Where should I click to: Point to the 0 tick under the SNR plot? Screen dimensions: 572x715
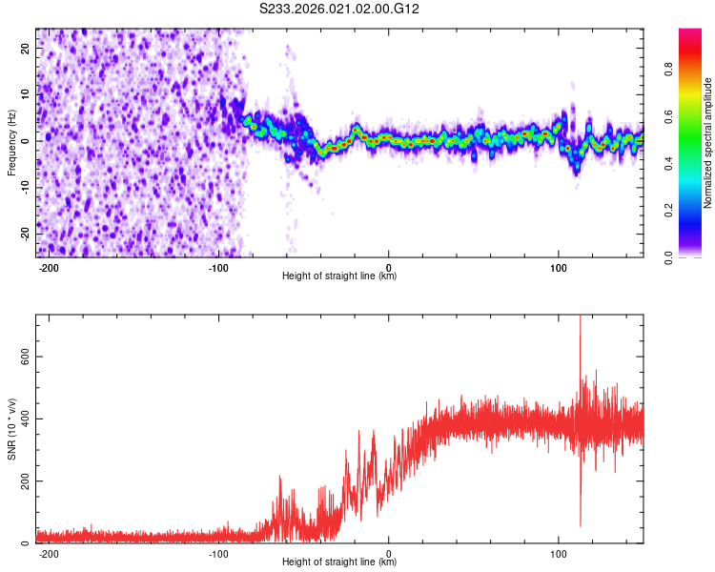pyautogui.click(x=389, y=553)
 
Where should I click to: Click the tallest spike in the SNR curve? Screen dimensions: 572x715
pyautogui.click(x=580, y=318)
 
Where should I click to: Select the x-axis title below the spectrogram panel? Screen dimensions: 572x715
pyautogui.click(x=339, y=276)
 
